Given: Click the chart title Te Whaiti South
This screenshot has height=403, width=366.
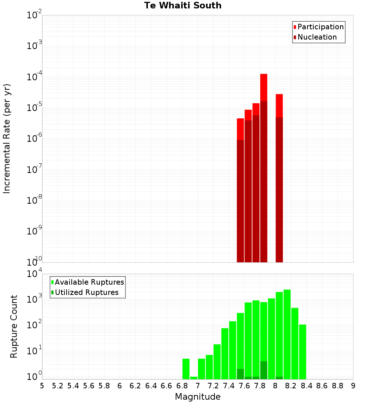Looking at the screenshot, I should (x=183, y=5).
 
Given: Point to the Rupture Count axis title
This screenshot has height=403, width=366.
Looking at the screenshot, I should (x=14, y=326).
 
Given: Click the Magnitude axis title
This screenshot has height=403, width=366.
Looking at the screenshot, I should (x=198, y=397).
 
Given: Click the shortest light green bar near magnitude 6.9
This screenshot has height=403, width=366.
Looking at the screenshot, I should (x=194, y=378).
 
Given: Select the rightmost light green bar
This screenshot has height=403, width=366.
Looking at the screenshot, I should (x=302, y=352).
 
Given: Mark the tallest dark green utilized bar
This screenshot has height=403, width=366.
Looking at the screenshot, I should (x=264, y=370).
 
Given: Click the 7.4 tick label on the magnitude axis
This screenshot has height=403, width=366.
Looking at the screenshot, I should (x=229, y=386).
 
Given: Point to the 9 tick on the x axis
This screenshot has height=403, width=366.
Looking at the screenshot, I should (x=353, y=386).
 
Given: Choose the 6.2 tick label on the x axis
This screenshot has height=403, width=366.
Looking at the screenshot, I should (x=135, y=386).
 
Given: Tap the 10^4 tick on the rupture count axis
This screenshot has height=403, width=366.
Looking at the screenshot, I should (x=35, y=274).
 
